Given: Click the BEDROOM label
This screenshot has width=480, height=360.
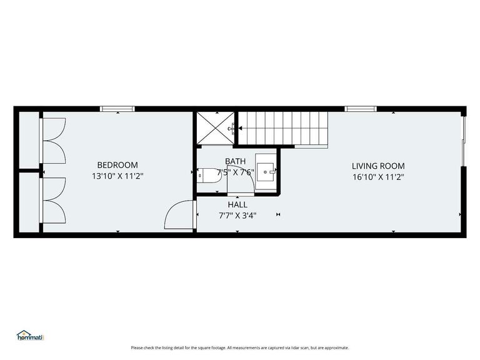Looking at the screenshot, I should coord(117,165).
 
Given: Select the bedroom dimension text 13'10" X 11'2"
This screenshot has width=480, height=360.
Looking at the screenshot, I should coord(117,176).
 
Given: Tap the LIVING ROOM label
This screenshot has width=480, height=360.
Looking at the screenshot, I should coord(378,166).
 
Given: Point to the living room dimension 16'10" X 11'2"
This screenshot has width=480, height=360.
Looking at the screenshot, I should coord(378,177).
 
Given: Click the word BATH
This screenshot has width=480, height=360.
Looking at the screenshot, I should coord(236,161).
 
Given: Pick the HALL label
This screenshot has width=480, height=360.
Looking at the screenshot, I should coord(237,204).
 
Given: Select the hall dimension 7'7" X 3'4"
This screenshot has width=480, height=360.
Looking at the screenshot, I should coord(237,215).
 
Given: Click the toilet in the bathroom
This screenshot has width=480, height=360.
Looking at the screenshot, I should coord(207,175).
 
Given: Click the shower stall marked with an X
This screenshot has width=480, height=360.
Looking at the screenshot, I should coord(216,128).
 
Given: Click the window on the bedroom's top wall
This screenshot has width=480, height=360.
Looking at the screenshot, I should coord(117,109).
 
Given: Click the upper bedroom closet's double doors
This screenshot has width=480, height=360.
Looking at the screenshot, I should coord(52,140).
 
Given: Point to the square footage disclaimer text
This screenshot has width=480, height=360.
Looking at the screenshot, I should coord(240,347).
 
